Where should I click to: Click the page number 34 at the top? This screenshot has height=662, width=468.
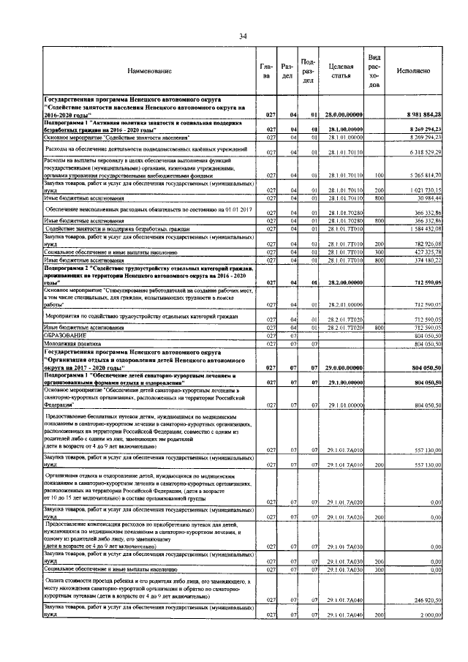[243, 37]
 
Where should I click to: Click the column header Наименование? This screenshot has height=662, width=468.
[149, 71]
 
